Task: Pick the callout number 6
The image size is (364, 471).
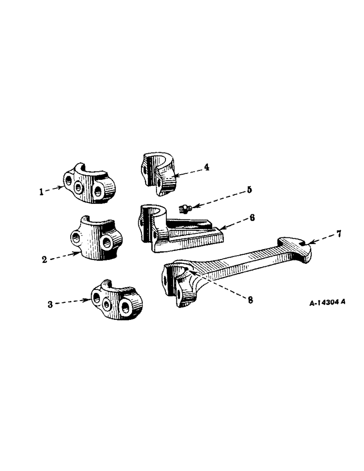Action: [x=252, y=218]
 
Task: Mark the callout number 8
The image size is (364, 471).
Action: [x=250, y=300]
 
